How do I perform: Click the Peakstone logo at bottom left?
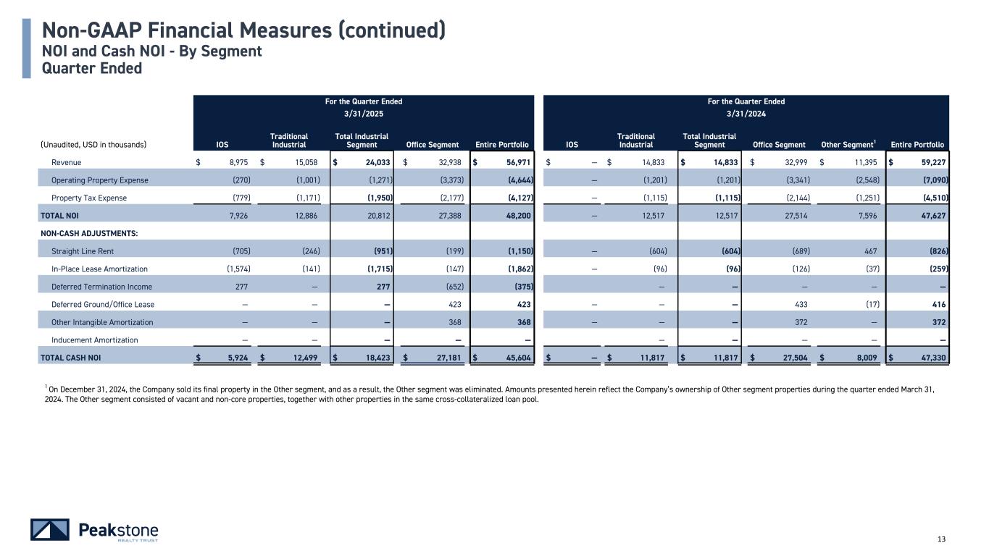(x=94, y=530)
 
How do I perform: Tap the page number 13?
(x=942, y=539)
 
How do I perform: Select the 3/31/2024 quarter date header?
(x=746, y=114)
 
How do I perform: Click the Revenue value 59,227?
(x=930, y=163)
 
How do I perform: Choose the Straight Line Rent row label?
(x=83, y=251)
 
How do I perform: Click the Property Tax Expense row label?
(x=89, y=198)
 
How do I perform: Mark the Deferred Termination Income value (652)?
(x=447, y=287)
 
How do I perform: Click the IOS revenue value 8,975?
(x=233, y=163)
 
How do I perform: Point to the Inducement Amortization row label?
(x=95, y=340)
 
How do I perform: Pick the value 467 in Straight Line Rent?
(x=870, y=251)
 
